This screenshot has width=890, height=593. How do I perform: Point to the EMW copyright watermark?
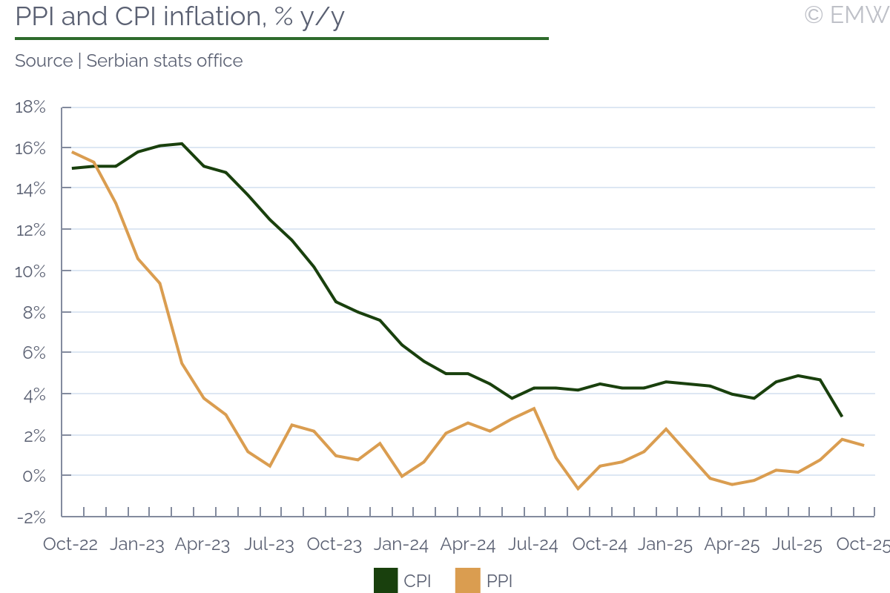point(846,14)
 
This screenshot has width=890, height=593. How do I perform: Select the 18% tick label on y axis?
point(30,107)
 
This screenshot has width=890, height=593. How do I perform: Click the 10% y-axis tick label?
point(30,271)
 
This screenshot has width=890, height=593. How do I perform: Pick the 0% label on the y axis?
point(35,476)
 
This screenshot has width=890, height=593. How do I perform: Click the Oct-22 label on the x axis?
point(70,545)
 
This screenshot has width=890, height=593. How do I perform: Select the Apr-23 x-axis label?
point(202,545)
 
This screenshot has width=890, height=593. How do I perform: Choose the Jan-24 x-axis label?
point(401,545)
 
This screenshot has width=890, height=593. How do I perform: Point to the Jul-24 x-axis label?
point(533,545)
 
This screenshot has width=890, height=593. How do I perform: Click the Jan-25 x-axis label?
point(665,545)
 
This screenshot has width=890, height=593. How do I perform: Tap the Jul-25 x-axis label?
point(797,545)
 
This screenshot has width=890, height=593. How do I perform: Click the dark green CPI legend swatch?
point(386,580)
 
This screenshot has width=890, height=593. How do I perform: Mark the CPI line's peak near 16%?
point(182,144)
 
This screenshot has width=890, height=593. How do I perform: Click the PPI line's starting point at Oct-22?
point(72,152)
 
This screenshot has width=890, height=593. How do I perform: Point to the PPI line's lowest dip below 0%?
point(578,488)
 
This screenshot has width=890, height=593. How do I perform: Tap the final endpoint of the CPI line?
point(841,416)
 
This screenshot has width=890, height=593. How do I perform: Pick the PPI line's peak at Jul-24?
point(534,408)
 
